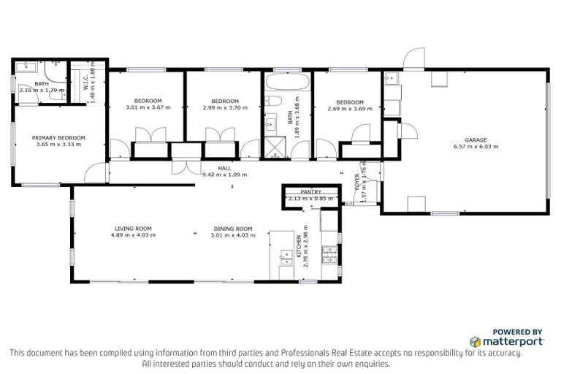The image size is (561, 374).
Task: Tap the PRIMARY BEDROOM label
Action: coord(58,137)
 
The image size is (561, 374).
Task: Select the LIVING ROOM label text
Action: coord(132,228)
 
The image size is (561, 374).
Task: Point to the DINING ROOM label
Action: coord(233,228)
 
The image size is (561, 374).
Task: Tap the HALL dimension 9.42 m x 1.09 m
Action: coord(224,175)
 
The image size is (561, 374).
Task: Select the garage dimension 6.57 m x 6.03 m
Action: coord(476,147)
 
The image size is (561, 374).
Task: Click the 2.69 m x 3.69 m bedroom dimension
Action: coord(351,108)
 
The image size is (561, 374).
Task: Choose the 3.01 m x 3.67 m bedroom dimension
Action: coord(148,107)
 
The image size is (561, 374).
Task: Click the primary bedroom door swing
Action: coord(92,172)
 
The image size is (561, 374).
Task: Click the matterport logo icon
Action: coord(476,341)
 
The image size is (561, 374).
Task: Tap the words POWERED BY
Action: coord(518,331)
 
